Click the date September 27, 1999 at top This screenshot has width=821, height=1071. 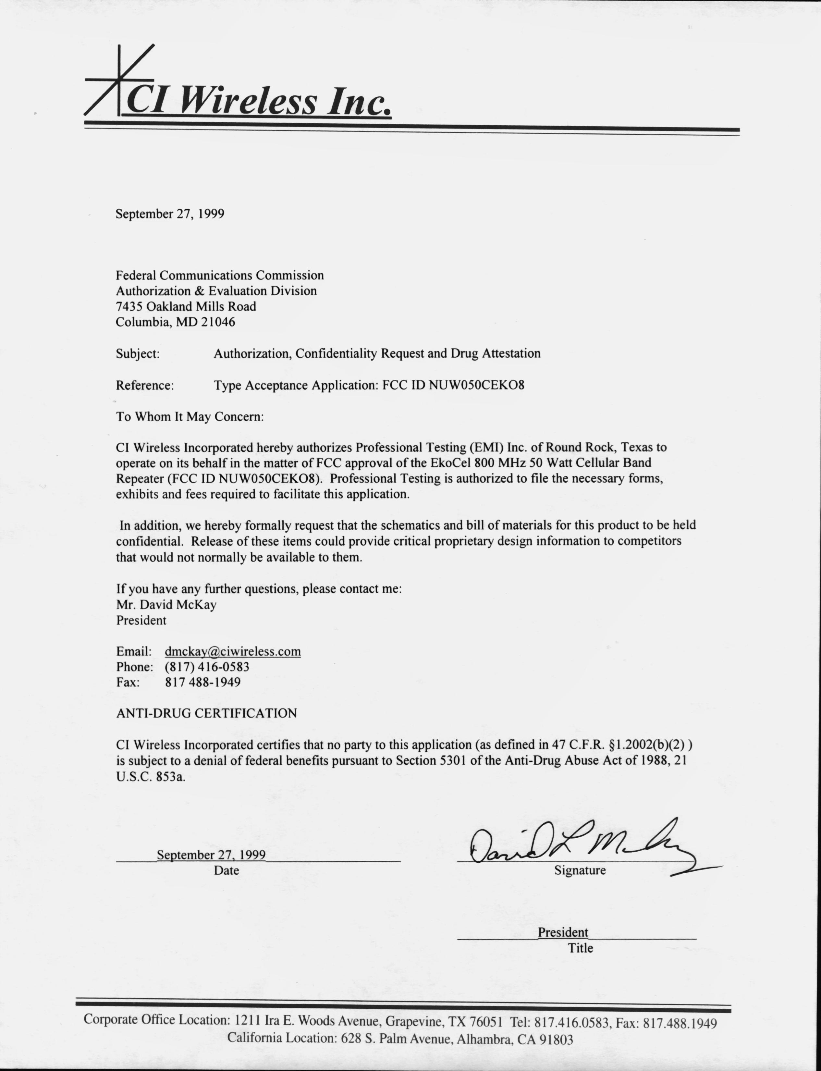(170, 214)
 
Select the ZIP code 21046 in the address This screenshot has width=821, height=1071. (218, 322)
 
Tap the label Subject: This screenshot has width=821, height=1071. (138, 353)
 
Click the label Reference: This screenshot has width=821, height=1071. (145, 385)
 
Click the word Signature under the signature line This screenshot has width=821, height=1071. (580, 870)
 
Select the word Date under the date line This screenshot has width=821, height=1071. (226, 870)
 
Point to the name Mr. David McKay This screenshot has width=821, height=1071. (166, 605)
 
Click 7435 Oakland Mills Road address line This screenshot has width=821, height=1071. (186, 306)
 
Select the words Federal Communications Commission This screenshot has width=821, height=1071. (219, 275)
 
